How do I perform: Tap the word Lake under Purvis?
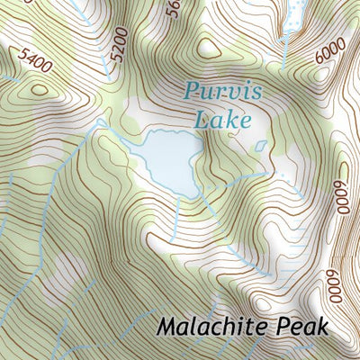(x=219, y=118)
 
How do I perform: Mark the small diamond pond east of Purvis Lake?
(x=260, y=145)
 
